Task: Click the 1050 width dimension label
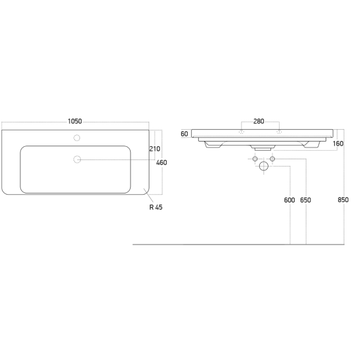75,121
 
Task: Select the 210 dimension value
155,149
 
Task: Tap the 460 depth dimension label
161,163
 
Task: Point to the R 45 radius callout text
156,207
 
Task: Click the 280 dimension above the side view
259,121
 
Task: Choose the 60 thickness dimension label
184,134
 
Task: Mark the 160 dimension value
338,144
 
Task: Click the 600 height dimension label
289,200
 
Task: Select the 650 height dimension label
305,200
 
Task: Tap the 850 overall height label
343,199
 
